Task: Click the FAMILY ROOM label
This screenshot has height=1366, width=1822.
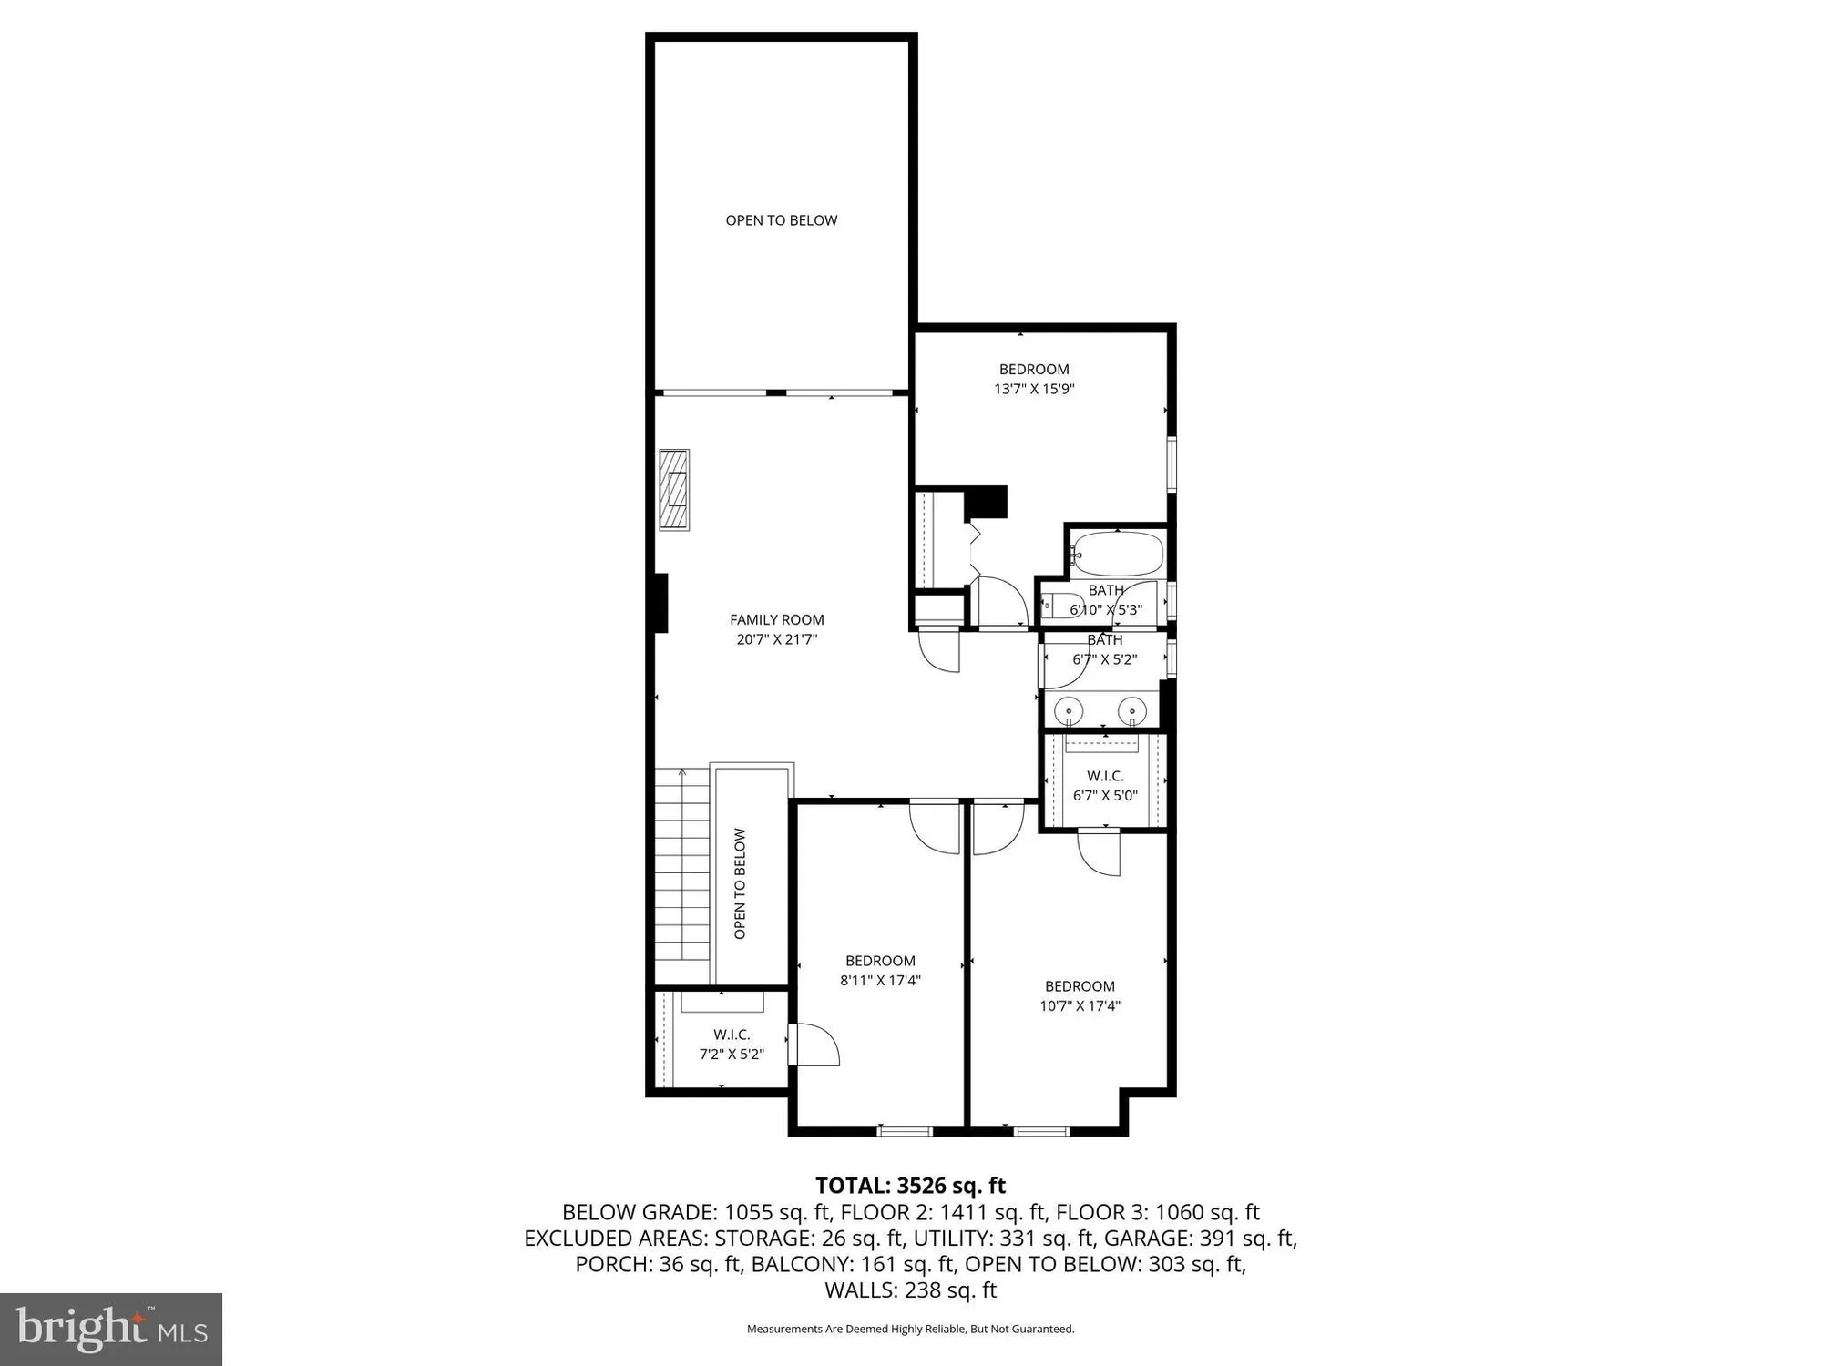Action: coord(776,619)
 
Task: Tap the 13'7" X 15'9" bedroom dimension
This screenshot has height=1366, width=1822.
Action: coord(1034,389)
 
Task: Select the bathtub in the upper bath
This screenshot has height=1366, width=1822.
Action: coord(1118,552)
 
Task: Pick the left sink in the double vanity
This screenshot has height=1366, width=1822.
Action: coord(1068,708)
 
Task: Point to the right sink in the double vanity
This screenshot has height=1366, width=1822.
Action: coord(1132,708)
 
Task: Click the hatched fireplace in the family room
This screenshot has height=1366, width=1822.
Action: coord(674,490)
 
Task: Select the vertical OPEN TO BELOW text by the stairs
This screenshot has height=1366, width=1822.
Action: coord(740,883)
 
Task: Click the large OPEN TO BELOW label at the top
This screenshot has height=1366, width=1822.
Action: coord(781,220)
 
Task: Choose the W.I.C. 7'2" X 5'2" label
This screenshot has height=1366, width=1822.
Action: coord(731,1045)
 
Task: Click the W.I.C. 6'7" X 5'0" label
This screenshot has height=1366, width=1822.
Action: coord(1105,785)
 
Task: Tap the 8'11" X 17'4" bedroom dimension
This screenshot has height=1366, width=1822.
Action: coord(880,981)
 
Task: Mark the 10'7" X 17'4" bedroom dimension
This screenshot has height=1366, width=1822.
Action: coord(1080,1006)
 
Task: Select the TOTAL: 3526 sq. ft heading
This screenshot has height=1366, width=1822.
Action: coord(910,1186)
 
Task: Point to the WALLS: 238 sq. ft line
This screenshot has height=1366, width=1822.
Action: coord(910,1290)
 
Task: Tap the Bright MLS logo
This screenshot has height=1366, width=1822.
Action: coord(111,1329)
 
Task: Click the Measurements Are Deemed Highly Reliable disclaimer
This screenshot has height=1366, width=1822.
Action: coord(910,1330)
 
